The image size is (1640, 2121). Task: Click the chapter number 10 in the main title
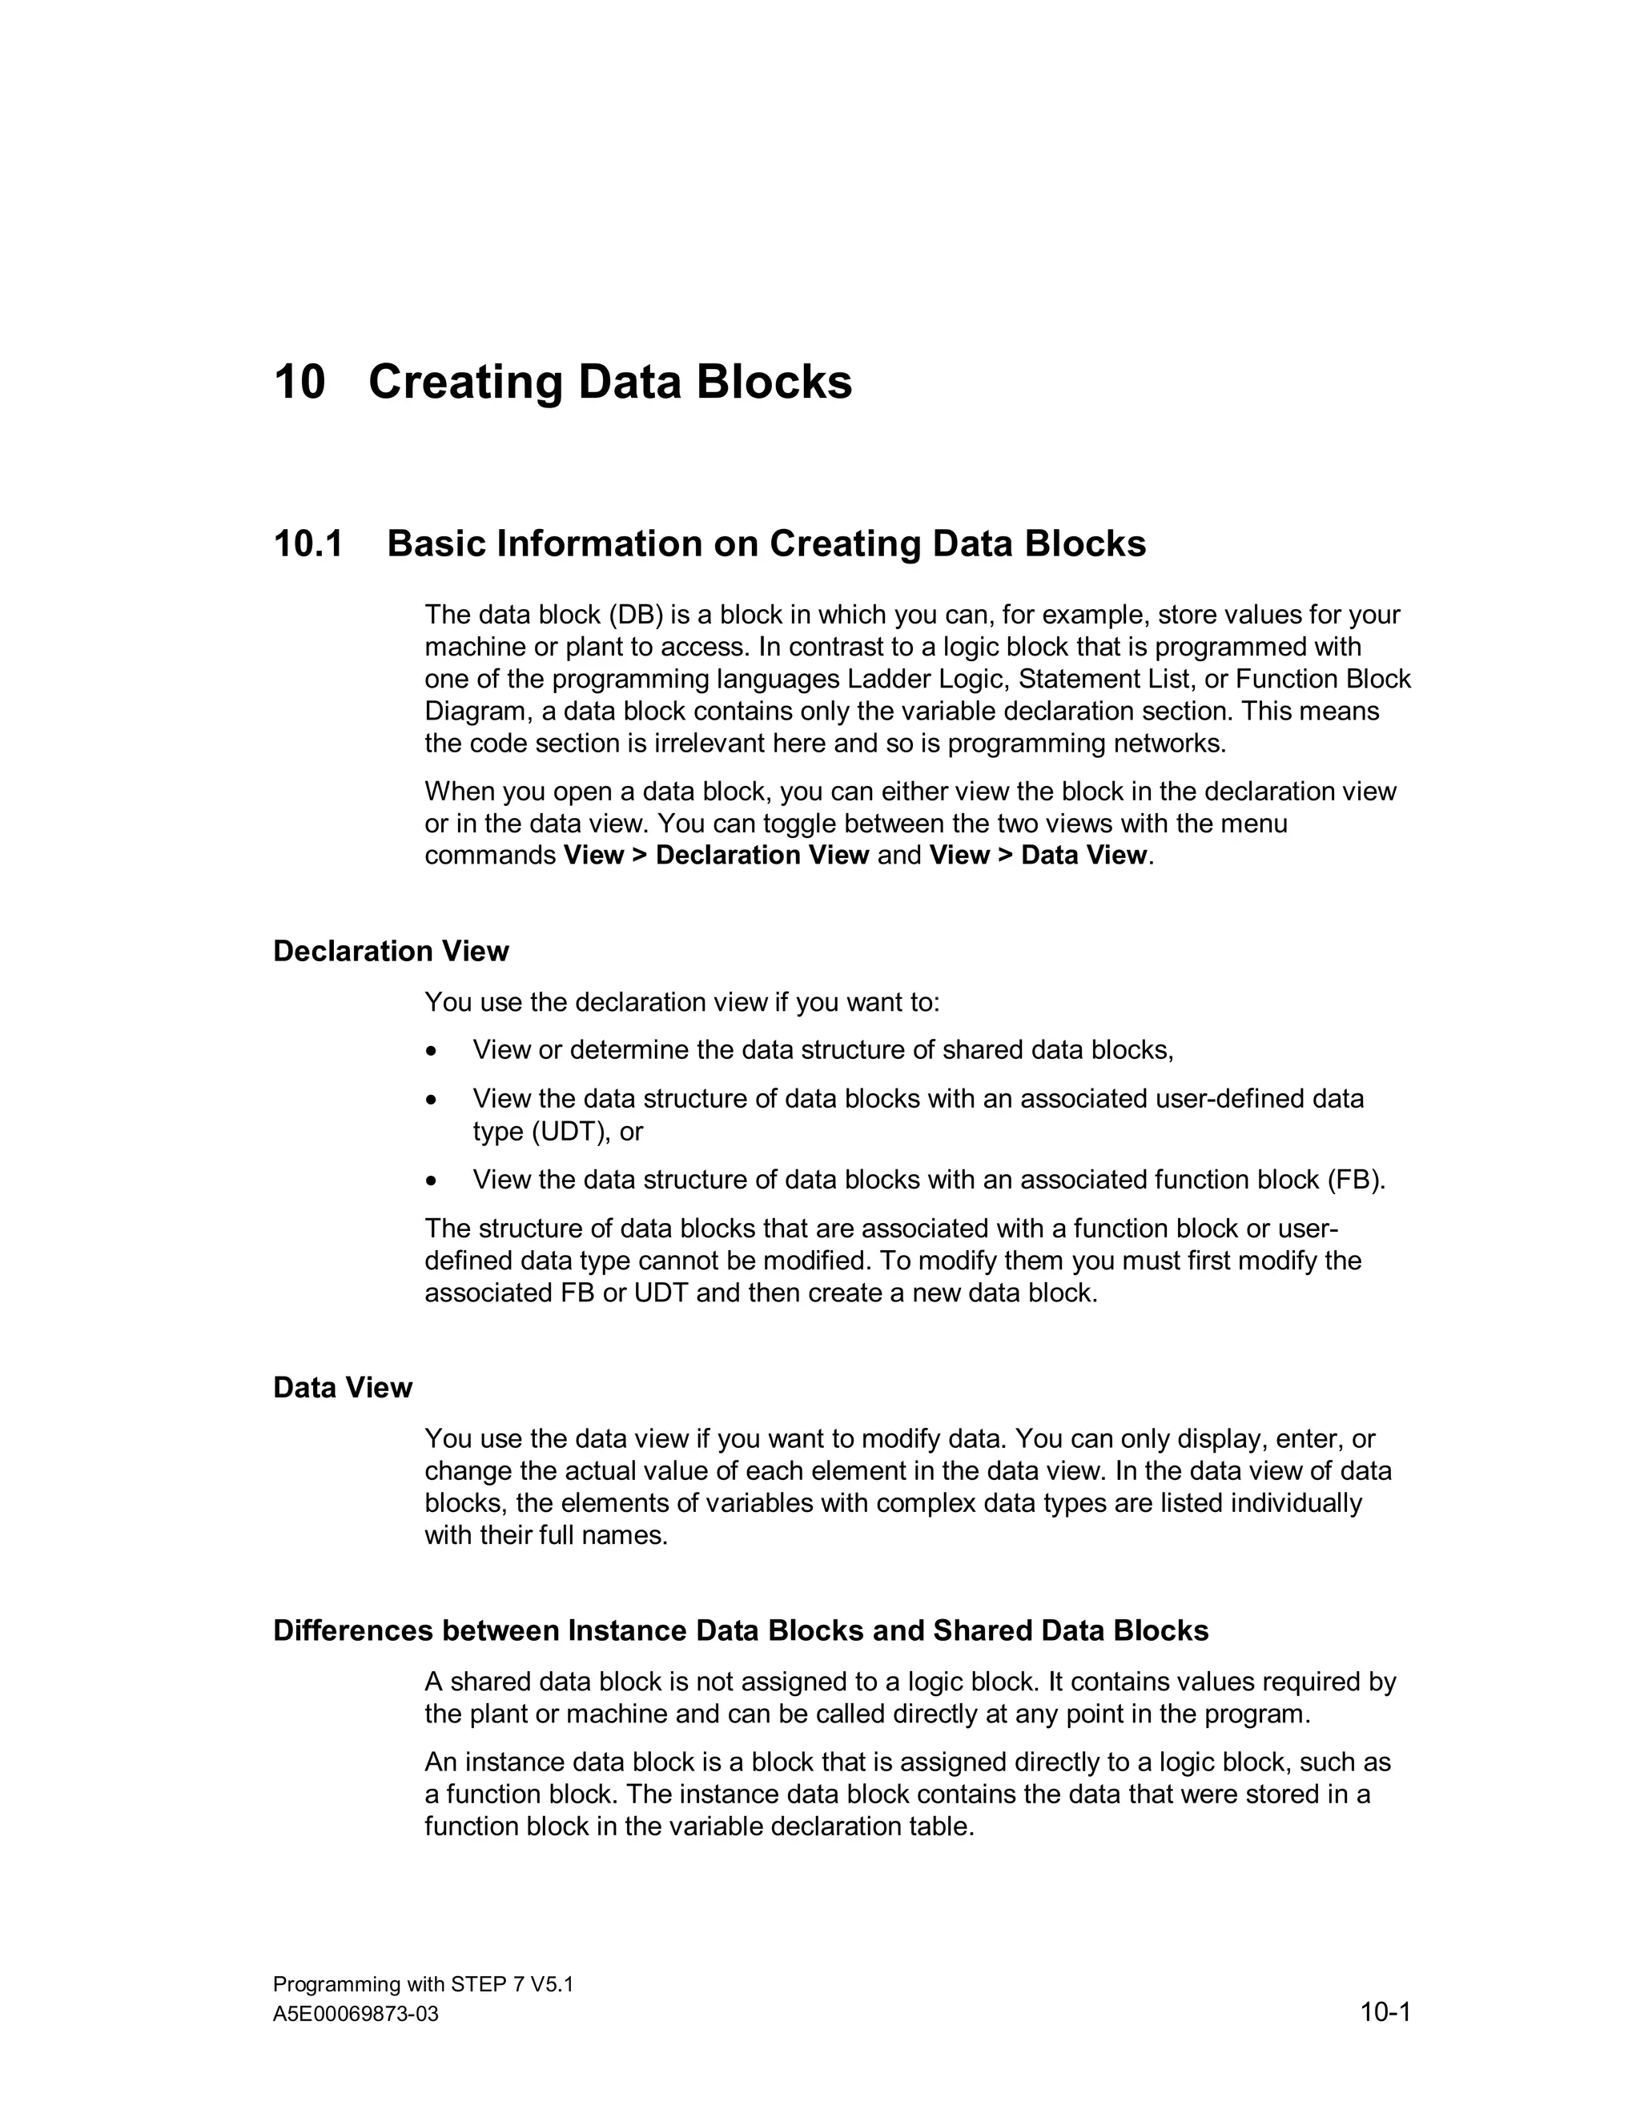(299, 382)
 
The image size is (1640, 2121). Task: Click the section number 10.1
(308, 543)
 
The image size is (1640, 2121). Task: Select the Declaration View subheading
(391, 951)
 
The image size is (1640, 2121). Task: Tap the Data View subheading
(342, 1388)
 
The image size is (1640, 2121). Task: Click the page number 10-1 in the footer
(1385, 2012)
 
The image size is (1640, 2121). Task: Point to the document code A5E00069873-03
(356, 2015)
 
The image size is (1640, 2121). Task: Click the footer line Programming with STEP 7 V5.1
(423, 1984)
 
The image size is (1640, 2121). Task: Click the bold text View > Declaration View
(716, 856)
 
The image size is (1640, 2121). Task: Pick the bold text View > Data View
(1038, 856)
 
